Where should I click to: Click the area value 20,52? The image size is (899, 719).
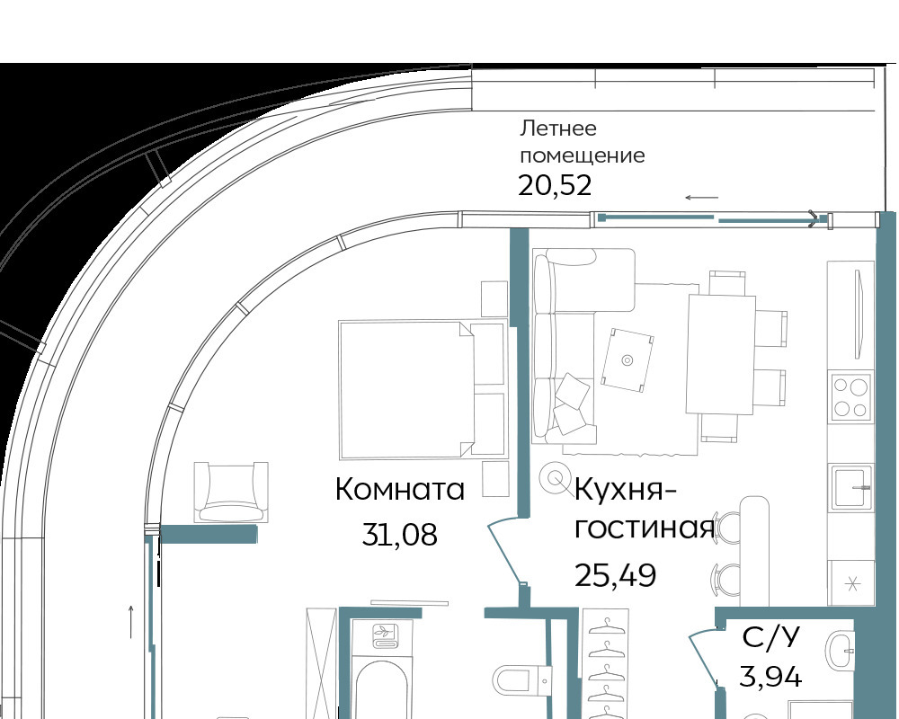(x=555, y=186)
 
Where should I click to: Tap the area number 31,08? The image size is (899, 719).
(x=400, y=535)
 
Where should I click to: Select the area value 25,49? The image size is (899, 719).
(x=615, y=575)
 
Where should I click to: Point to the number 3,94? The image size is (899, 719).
(x=770, y=677)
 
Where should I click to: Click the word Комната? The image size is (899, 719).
(x=400, y=490)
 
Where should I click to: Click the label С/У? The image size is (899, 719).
(x=770, y=637)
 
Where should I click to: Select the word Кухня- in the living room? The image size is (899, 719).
(x=625, y=492)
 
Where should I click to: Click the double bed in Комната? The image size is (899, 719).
(x=422, y=390)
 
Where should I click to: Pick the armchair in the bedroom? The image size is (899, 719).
(x=231, y=492)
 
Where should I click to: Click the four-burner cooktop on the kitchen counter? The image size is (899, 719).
(x=850, y=395)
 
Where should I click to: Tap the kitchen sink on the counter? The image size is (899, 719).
(x=851, y=487)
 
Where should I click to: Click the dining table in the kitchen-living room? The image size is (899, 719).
(x=721, y=354)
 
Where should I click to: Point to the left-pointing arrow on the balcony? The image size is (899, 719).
(x=702, y=198)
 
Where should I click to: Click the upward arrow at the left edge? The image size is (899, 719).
(x=131, y=622)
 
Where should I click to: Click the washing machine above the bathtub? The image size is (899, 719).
(x=381, y=636)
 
